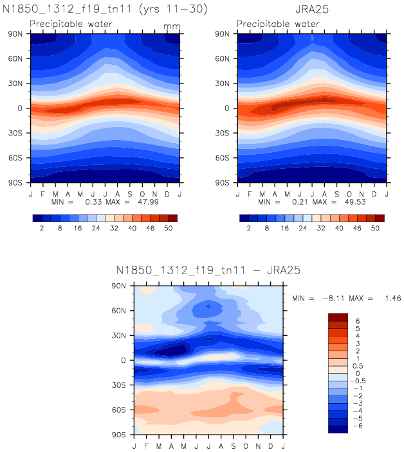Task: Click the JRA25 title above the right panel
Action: (x=314, y=10)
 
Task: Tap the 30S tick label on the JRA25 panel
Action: (x=223, y=133)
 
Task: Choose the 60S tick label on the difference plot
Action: (x=121, y=409)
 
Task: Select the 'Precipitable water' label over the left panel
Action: (x=71, y=24)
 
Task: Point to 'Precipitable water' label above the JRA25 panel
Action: (x=277, y=24)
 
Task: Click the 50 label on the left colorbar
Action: (x=169, y=228)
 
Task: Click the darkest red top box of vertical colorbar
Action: (x=338, y=317)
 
